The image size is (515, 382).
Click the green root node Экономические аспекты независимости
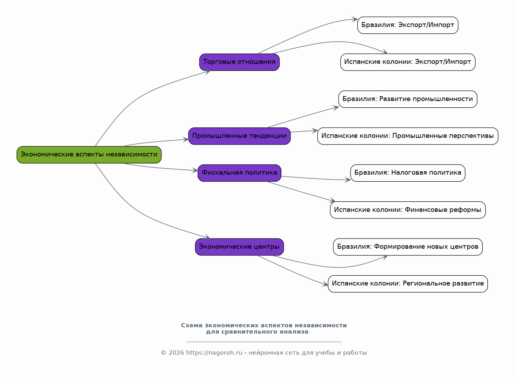(x=89, y=155)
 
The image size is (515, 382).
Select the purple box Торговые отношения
(x=239, y=62)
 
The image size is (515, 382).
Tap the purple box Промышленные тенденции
(x=239, y=136)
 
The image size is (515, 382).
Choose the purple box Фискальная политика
(x=239, y=173)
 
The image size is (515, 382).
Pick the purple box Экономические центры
(x=239, y=247)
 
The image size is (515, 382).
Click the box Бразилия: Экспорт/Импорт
(x=408, y=25)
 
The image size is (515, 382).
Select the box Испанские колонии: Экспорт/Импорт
(x=408, y=62)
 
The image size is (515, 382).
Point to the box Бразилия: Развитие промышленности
(x=408, y=99)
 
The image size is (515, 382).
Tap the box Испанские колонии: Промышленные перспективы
(x=408, y=136)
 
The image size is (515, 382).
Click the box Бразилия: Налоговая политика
(x=408, y=173)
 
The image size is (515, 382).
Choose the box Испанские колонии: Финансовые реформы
(x=408, y=210)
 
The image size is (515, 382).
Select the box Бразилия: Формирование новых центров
(x=408, y=247)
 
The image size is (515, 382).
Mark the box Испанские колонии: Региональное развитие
(x=408, y=284)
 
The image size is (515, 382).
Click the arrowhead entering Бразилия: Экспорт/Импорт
(x=355, y=20)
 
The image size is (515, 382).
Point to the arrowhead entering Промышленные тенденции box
(x=186, y=140)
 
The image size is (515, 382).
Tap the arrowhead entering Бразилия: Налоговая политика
(x=348, y=180)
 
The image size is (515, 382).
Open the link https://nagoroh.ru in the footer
(x=214, y=353)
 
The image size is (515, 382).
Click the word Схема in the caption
(x=192, y=325)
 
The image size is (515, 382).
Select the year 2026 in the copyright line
(x=176, y=353)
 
